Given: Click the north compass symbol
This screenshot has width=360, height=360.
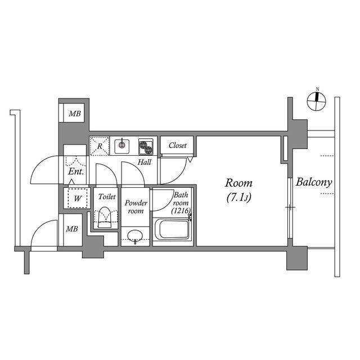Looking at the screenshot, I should [317, 102].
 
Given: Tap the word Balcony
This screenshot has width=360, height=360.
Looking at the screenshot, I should [314, 182].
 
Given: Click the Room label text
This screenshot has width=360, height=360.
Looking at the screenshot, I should [238, 183].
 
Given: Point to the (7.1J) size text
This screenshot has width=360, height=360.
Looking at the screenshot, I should [238, 197].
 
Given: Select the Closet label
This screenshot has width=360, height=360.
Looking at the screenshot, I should [178, 145].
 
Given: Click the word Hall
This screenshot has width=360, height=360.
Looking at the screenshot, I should [145, 163].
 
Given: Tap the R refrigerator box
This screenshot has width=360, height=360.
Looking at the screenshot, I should [100, 146].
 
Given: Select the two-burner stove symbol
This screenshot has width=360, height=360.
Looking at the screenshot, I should [146, 147].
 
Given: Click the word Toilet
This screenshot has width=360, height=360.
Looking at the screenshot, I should [106, 197].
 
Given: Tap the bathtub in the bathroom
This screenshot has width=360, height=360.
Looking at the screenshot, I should [173, 231].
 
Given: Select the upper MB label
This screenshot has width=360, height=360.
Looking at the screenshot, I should [75, 114].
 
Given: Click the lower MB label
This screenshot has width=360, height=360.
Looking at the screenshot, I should [72, 229].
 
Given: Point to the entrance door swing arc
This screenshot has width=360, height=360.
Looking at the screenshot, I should [45, 169].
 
